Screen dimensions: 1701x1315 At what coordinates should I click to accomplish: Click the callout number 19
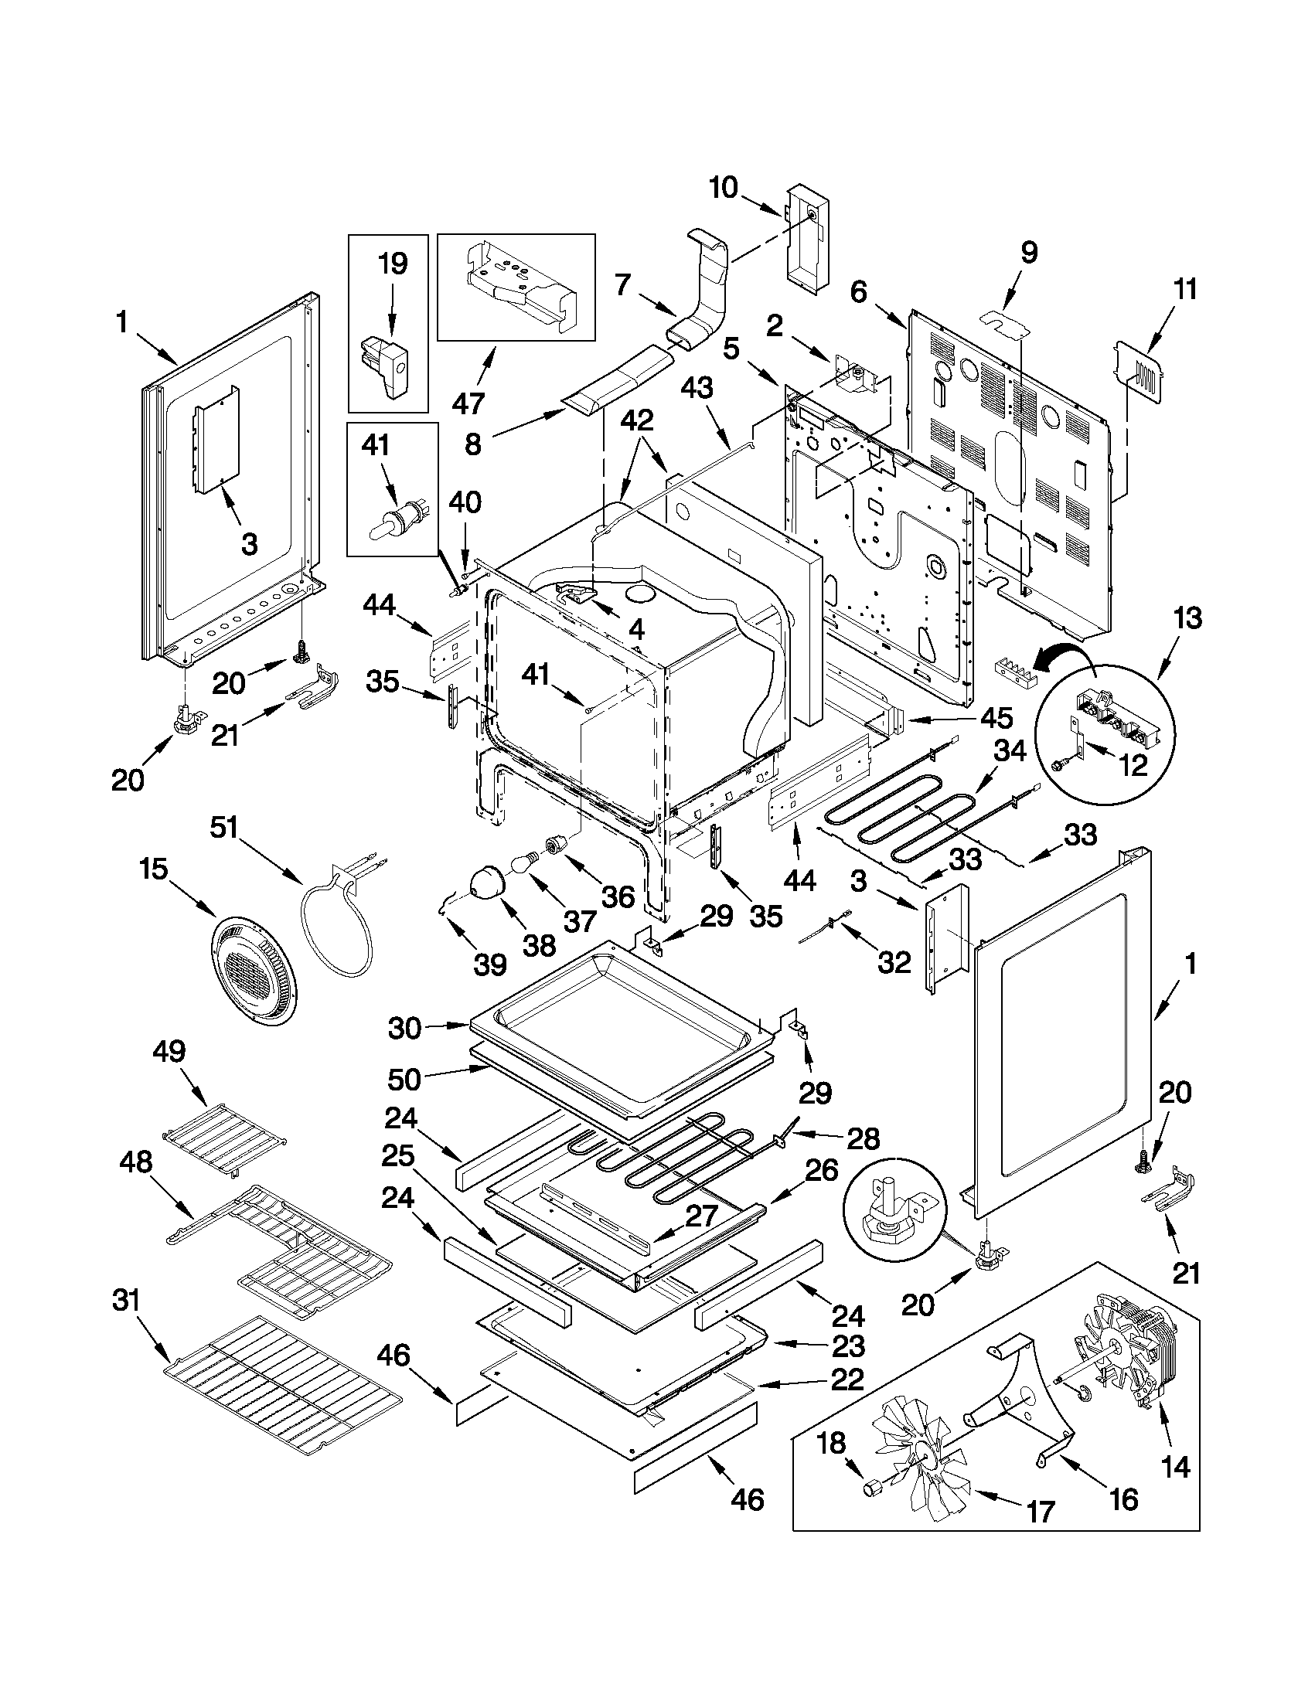pos(393,264)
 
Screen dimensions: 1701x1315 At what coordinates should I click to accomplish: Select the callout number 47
pos(468,403)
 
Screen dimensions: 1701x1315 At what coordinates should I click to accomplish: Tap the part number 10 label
pos(723,188)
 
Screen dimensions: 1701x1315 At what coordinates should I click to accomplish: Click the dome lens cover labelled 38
pos(487,883)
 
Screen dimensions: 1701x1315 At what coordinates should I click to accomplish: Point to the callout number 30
pos(404,1028)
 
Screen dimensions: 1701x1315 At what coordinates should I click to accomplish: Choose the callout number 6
pos(857,292)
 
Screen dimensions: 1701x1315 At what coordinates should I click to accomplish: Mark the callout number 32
pos(894,963)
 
